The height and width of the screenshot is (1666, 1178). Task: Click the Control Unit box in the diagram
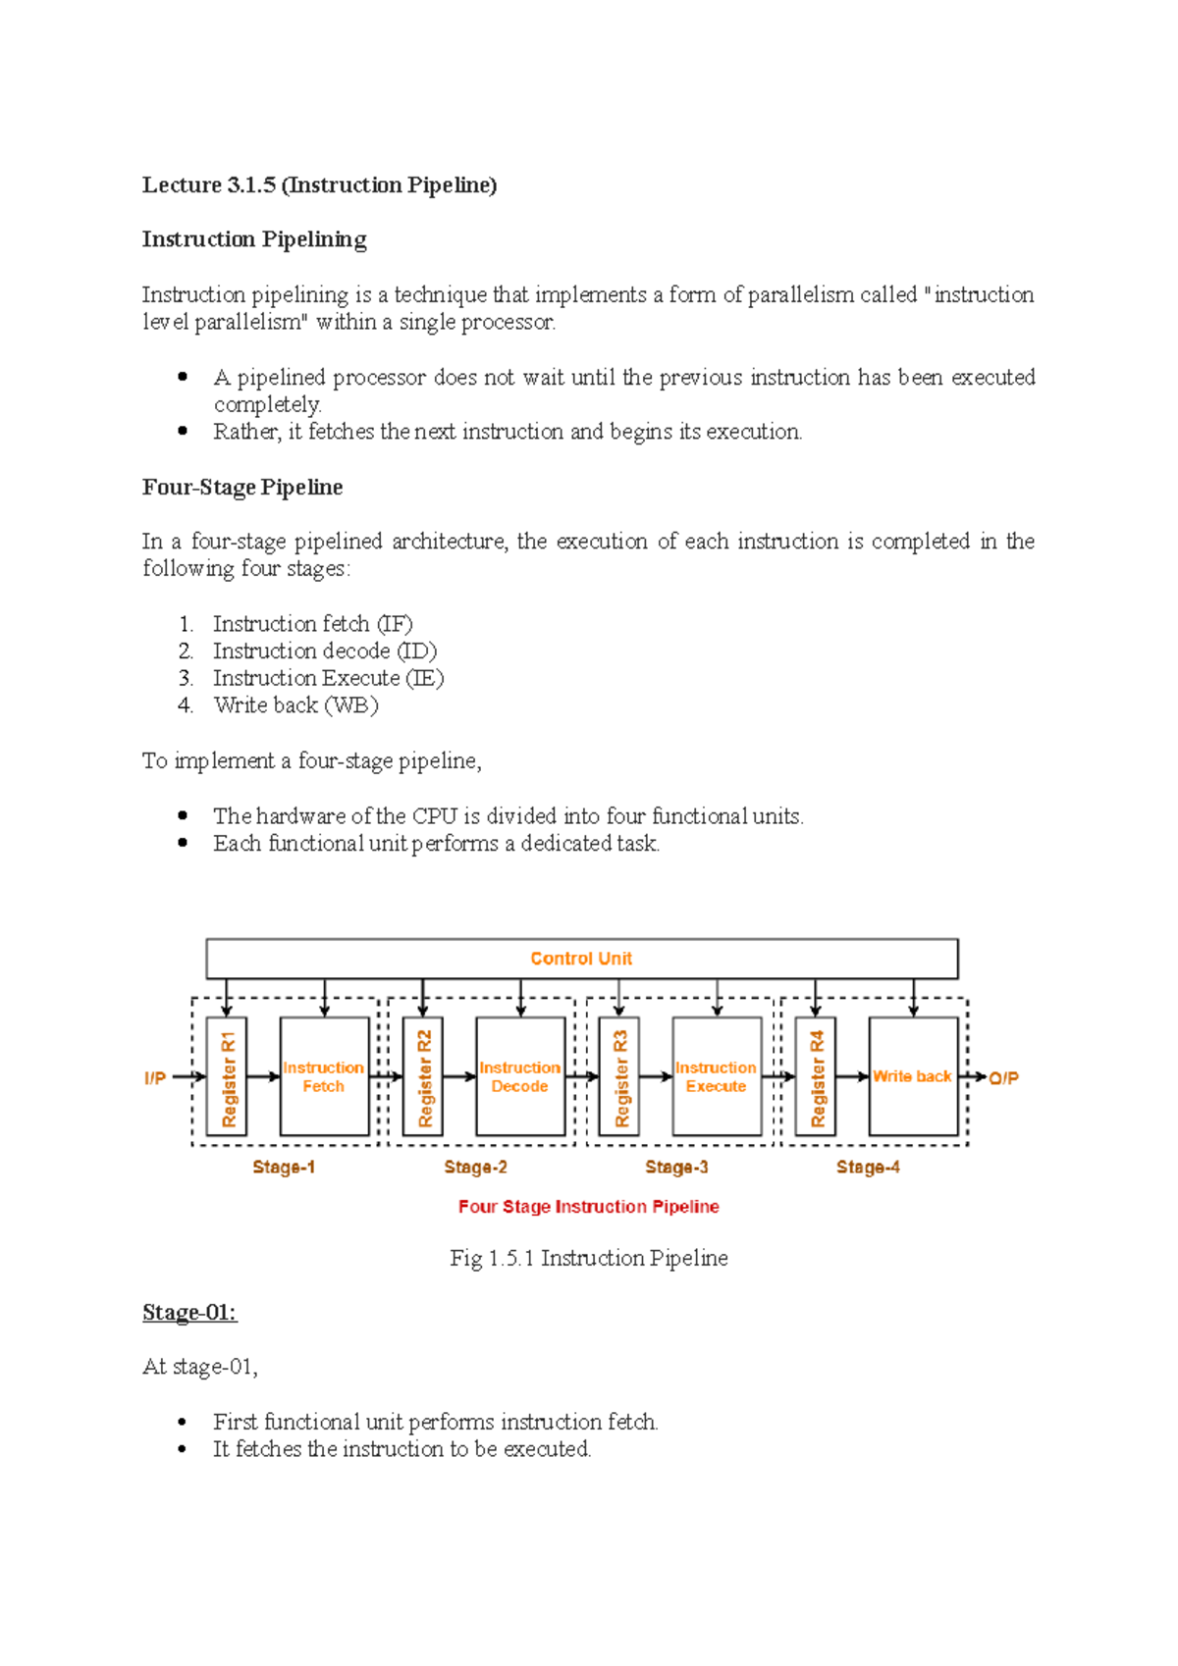pyautogui.click(x=581, y=959)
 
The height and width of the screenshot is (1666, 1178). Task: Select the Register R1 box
pyautogui.click(x=227, y=1076)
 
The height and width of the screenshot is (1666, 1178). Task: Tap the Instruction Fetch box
pyautogui.click(x=324, y=1076)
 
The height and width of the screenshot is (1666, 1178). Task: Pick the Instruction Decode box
pyautogui.click(x=520, y=1076)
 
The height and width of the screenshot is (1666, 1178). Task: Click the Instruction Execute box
pyautogui.click(x=716, y=1076)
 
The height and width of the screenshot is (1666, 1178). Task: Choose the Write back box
pyautogui.click(x=913, y=1076)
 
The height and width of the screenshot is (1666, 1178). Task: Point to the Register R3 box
pyautogui.click(x=619, y=1076)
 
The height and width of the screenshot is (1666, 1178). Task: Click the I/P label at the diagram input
pyautogui.click(x=154, y=1077)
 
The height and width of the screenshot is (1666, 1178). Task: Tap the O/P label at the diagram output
pyautogui.click(x=1003, y=1077)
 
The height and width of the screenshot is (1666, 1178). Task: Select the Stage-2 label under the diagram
pyautogui.click(x=475, y=1167)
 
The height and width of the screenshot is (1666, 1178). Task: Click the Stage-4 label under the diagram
pyautogui.click(x=868, y=1167)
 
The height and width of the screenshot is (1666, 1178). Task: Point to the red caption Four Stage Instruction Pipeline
pyautogui.click(x=588, y=1207)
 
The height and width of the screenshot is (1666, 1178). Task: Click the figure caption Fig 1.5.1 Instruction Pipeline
pyautogui.click(x=588, y=1258)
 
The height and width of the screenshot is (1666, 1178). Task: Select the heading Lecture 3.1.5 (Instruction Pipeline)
pyautogui.click(x=319, y=185)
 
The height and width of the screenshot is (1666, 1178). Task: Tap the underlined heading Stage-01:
pyautogui.click(x=189, y=1313)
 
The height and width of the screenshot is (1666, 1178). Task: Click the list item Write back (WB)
pyautogui.click(x=295, y=705)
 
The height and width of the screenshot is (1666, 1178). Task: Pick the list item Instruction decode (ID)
pyautogui.click(x=324, y=651)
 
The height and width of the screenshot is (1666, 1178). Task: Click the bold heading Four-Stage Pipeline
pyautogui.click(x=242, y=488)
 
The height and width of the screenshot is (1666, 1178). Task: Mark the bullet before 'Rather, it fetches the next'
pyautogui.click(x=183, y=431)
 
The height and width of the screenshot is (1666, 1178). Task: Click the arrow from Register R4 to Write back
pyautogui.click(x=852, y=1076)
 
